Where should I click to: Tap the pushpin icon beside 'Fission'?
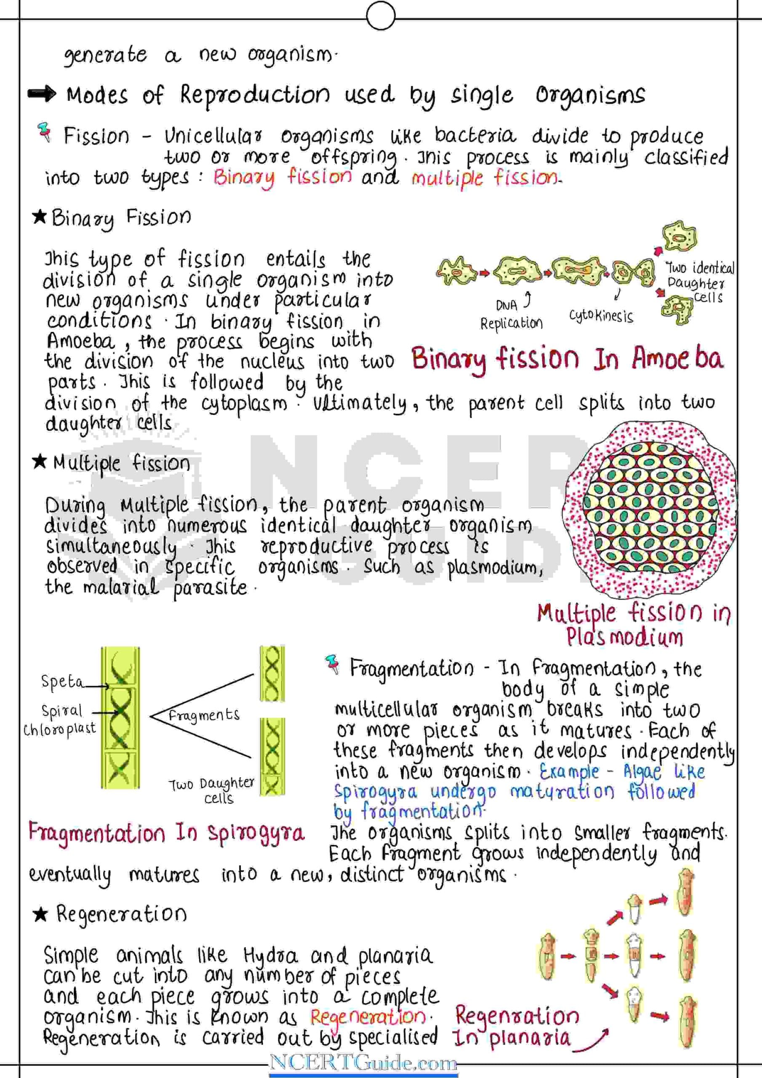coord(45,132)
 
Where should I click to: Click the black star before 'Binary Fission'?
coord(40,216)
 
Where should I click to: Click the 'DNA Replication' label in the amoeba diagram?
coord(511,315)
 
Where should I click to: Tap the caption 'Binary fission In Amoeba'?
coord(567,360)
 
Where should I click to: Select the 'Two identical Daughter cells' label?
coord(699,282)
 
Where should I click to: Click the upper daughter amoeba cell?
coord(679,237)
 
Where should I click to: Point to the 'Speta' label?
coord(62,681)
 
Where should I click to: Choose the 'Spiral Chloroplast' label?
coord(60,719)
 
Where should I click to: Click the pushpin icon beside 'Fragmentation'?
coord(333,664)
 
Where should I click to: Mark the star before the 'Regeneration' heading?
coord(40,914)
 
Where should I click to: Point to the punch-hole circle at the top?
coord(380,16)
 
